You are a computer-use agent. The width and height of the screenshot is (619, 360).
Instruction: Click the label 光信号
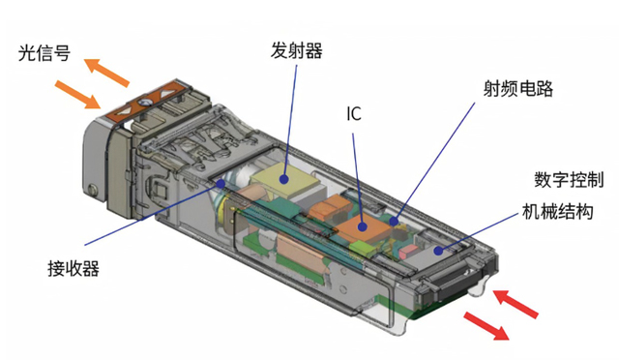click(x=44, y=53)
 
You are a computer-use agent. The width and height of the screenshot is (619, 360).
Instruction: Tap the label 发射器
click(x=296, y=50)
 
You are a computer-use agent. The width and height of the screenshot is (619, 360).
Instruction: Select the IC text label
click(x=354, y=114)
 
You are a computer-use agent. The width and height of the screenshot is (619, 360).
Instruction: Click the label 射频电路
click(x=518, y=88)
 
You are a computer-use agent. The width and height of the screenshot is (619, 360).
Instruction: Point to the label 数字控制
click(x=569, y=180)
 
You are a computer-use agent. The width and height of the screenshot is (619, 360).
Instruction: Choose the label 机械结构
click(x=557, y=211)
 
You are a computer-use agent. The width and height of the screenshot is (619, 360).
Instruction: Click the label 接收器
click(x=74, y=268)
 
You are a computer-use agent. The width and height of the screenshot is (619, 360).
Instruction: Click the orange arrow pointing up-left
click(x=106, y=72)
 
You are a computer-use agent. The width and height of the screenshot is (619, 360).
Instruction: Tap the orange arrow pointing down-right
click(x=77, y=94)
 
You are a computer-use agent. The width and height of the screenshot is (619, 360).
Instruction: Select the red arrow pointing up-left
click(x=516, y=303)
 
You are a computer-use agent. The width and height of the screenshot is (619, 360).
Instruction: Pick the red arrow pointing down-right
click(x=486, y=325)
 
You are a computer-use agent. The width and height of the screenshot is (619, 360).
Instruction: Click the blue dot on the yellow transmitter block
click(x=283, y=179)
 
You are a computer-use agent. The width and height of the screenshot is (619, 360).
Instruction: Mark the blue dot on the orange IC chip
click(x=362, y=226)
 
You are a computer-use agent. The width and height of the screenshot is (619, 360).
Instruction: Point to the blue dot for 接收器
click(x=221, y=183)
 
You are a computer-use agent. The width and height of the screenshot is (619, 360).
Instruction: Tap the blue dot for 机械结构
click(x=438, y=251)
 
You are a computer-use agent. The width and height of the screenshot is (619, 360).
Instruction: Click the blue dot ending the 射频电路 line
click(x=394, y=221)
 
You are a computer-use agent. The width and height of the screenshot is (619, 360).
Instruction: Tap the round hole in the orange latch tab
click(x=143, y=103)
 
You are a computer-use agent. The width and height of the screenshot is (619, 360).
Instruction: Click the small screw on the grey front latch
click(x=93, y=189)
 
